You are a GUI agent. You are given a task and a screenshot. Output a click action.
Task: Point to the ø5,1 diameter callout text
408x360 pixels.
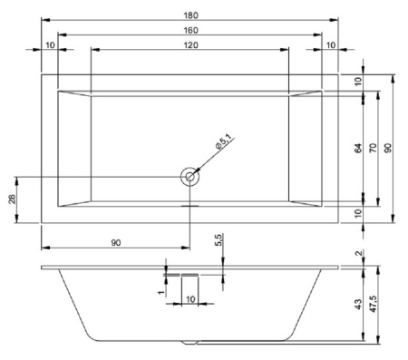tap(225, 142)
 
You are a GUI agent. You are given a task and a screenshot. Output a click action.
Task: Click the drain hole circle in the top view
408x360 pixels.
tap(189, 177)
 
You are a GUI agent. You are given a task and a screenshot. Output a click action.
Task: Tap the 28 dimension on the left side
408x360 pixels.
tap(12, 199)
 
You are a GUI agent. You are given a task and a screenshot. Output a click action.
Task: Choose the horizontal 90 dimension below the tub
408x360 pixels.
tap(115, 242)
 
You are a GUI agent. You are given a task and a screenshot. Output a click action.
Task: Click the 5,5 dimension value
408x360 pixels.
tap(219, 241)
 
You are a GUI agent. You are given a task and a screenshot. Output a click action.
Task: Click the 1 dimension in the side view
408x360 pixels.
tap(160, 292)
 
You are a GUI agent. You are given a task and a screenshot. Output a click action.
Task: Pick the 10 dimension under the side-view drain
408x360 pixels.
tap(189, 298)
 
